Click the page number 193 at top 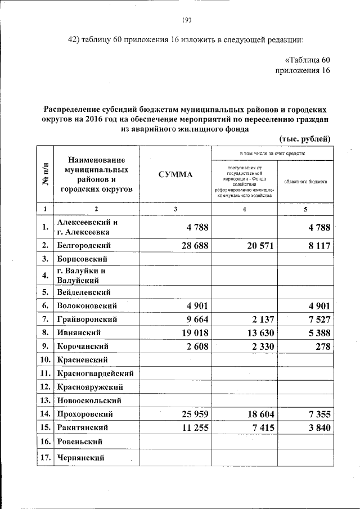click(187, 21)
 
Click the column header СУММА click(175, 175)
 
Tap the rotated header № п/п click(46, 175)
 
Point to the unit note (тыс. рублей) click(304, 139)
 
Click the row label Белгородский click(83, 246)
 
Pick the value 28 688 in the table click(192, 246)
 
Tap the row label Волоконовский click(87, 306)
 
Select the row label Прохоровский click(85, 414)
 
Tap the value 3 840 click(314, 427)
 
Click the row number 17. click(46, 458)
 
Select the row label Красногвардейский click(94, 373)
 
